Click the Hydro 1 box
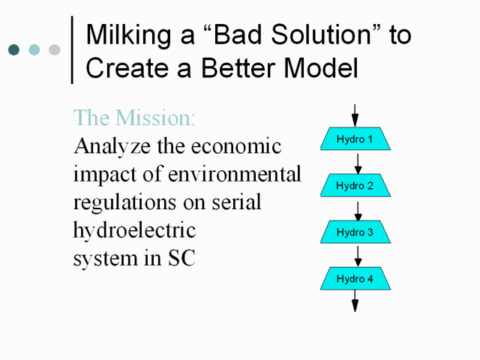(355, 139)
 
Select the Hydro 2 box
(355, 185)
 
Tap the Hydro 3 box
(355, 232)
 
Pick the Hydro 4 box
(355, 278)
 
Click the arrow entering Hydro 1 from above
(355, 115)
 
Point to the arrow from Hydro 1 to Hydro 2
(358, 163)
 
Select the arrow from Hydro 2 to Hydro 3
(358, 211)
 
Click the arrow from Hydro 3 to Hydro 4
(358, 256)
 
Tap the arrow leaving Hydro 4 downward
(355, 301)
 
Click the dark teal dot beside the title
(13, 49)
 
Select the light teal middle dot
(34, 49)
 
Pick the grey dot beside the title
(55, 49)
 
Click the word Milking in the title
(128, 35)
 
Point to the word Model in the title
(321, 68)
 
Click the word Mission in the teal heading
(155, 118)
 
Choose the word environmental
(235, 174)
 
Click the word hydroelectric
(134, 230)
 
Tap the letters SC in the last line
(181, 258)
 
